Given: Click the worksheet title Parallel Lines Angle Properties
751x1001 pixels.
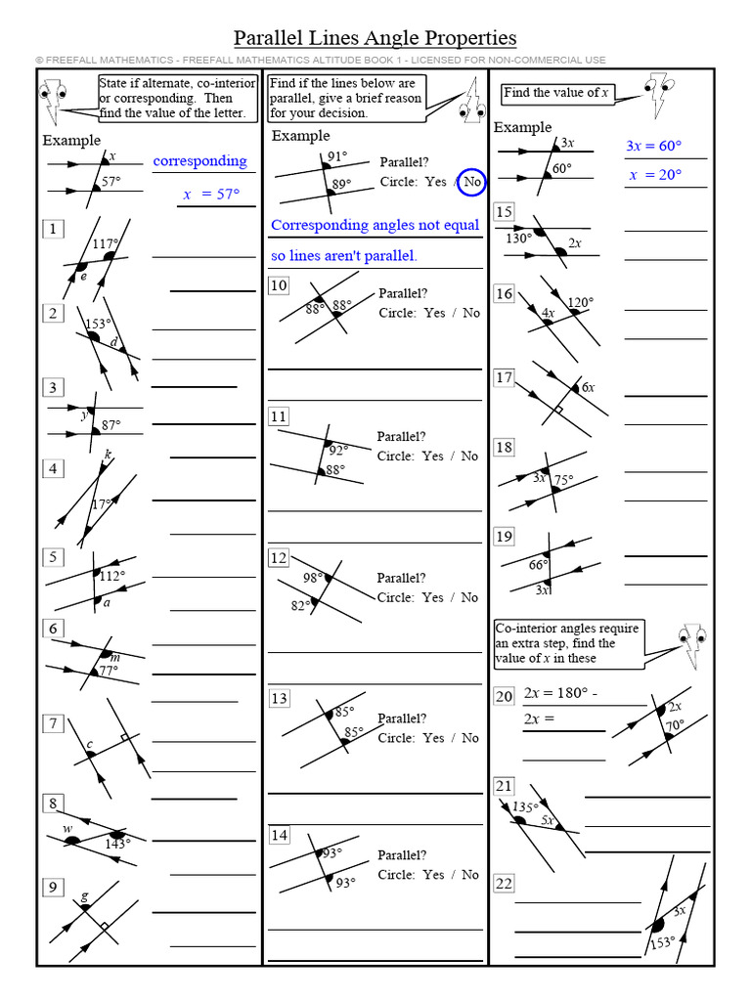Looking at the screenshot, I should coord(375,38).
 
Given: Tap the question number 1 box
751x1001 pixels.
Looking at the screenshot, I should coord(52,229).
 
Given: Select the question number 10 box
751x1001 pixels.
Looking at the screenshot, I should coord(279,285).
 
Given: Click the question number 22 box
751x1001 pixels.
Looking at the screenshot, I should coord(504,884).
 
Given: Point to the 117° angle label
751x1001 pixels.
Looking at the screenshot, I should coord(105,243).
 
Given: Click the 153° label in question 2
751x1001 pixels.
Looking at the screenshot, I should coord(96,324).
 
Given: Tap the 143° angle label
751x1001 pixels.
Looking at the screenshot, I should coord(117,843).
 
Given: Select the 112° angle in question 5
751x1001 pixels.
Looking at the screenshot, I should coord(111,576).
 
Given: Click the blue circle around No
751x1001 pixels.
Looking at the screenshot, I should coord(471,182).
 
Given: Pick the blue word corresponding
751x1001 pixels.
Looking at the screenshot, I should coord(199,161).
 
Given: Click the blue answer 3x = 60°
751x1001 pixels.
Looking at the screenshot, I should coord(653,146).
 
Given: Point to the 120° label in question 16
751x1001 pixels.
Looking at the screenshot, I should coord(581,302).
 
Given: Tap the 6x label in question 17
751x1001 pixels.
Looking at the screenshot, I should coord(588,387).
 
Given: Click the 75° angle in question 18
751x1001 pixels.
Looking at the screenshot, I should coord(563,480).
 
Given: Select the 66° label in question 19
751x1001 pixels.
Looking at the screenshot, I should coord(538,564).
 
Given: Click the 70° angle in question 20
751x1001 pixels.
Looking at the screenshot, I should coord(674,726).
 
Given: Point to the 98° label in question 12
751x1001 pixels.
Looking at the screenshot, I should coord(313,578).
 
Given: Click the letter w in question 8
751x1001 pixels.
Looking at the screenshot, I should coord(68,830).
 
